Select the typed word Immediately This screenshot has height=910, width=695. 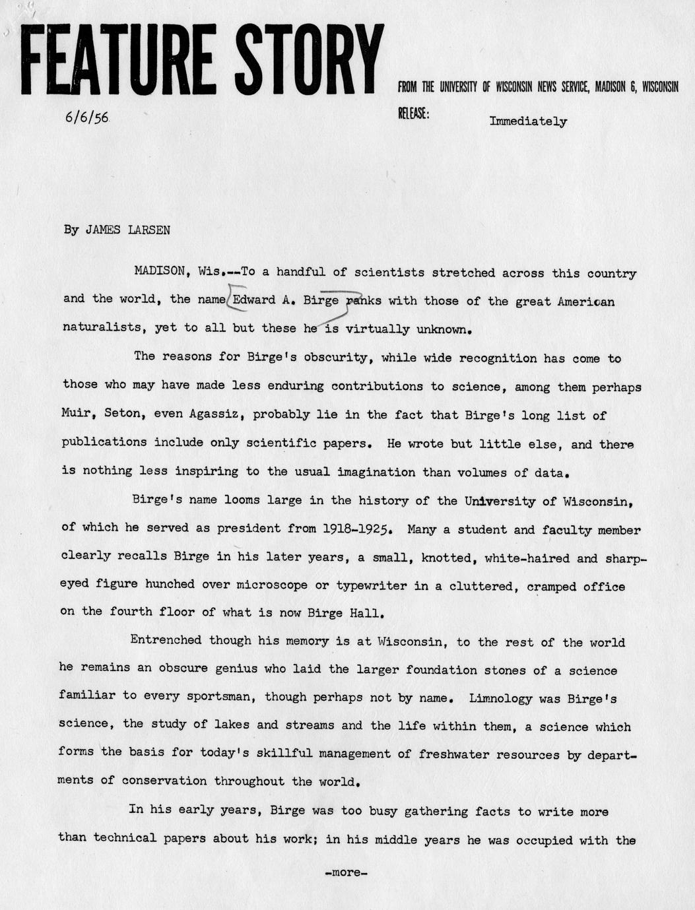tap(528, 121)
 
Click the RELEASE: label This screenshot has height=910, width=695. tap(413, 114)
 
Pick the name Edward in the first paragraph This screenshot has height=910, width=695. tap(254, 300)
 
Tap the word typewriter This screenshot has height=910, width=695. tap(368, 585)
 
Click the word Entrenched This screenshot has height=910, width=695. tap(166, 640)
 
